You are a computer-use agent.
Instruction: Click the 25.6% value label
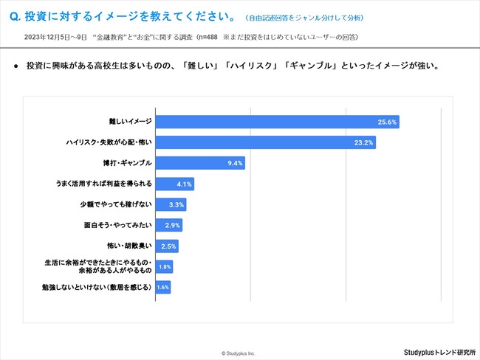coord(388,122)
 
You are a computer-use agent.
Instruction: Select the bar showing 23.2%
coord(266,142)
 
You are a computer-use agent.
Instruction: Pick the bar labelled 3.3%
coord(171,204)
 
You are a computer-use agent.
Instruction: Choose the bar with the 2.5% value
coord(167,246)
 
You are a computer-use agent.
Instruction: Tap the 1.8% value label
coord(165,266)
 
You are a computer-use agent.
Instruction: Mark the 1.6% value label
coord(163,287)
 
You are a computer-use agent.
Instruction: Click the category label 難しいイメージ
coord(129,122)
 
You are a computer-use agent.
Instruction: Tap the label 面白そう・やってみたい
coord(118,225)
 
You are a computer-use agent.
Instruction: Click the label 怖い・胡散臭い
coord(129,246)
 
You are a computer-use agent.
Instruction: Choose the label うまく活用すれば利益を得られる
coord(104,184)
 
